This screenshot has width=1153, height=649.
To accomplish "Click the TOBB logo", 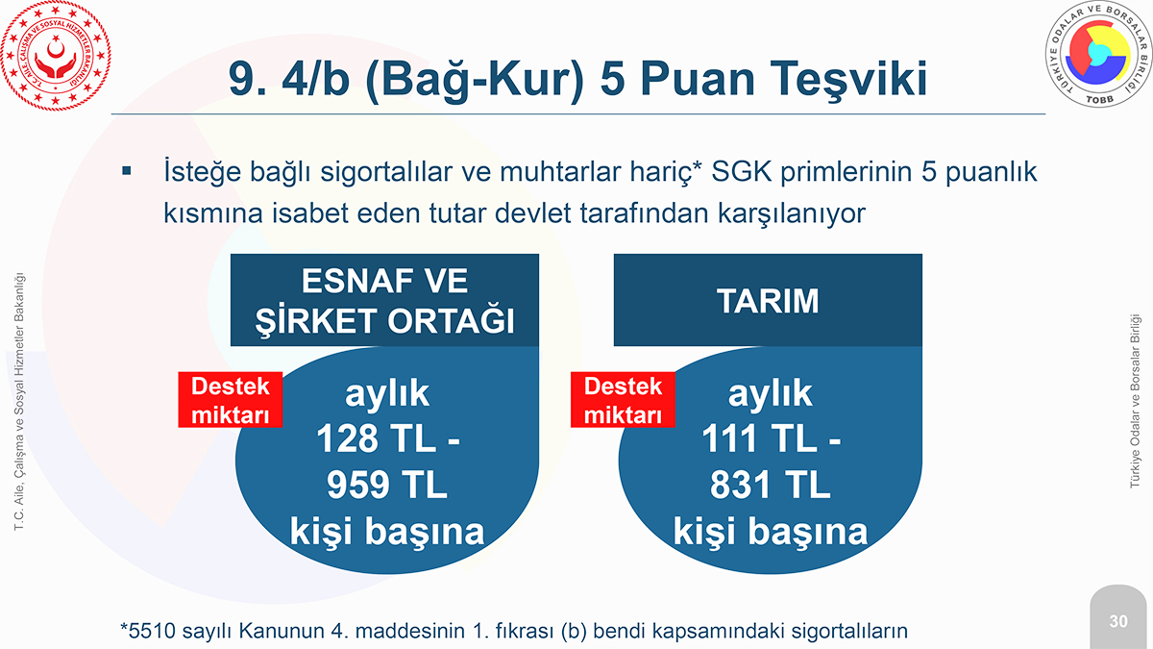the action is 1099,54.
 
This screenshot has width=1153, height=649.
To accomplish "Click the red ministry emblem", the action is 56,56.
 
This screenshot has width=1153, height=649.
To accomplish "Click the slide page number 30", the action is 1118,621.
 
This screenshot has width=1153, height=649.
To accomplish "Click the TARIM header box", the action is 768,300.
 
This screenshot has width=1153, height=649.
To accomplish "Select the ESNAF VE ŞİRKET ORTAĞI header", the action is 384,300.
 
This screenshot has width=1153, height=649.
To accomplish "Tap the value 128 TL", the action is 377,438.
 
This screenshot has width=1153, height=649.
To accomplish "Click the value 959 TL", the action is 386,485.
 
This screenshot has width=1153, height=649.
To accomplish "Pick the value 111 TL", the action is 759,438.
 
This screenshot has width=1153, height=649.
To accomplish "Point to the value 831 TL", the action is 770,485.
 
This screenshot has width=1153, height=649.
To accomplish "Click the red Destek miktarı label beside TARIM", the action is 623,400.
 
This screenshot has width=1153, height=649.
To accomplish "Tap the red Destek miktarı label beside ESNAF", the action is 230,400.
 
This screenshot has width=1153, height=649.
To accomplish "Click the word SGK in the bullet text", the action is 742,171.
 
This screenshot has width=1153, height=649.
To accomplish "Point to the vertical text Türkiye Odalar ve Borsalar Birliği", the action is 1135,401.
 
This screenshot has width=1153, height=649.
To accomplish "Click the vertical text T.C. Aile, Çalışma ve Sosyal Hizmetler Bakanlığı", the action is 19,401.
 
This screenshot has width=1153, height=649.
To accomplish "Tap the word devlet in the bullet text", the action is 532,213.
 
